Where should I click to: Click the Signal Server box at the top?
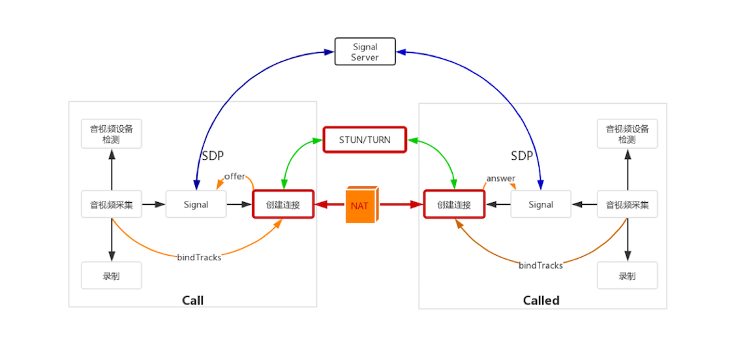(365, 52)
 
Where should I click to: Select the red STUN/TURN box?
(365, 140)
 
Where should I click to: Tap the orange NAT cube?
(360, 205)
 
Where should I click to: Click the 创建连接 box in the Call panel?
(283, 205)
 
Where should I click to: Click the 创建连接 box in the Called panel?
(455, 205)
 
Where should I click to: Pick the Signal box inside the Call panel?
(196, 205)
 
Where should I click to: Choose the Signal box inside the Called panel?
(541, 205)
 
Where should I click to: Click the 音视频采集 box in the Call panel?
(112, 205)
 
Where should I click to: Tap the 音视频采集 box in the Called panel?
(628, 205)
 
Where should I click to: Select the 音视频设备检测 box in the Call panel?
(112, 134)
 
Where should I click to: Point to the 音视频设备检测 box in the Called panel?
(628, 134)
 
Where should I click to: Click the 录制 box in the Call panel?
(112, 276)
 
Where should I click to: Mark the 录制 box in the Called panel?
(628, 276)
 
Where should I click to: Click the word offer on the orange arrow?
(235, 177)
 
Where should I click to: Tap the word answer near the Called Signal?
(500, 179)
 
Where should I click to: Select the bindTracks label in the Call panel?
(199, 258)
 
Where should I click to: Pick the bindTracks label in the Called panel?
(541, 265)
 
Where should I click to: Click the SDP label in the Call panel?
(213, 156)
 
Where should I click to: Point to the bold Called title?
(541, 300)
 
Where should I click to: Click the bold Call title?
(192, 300)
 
